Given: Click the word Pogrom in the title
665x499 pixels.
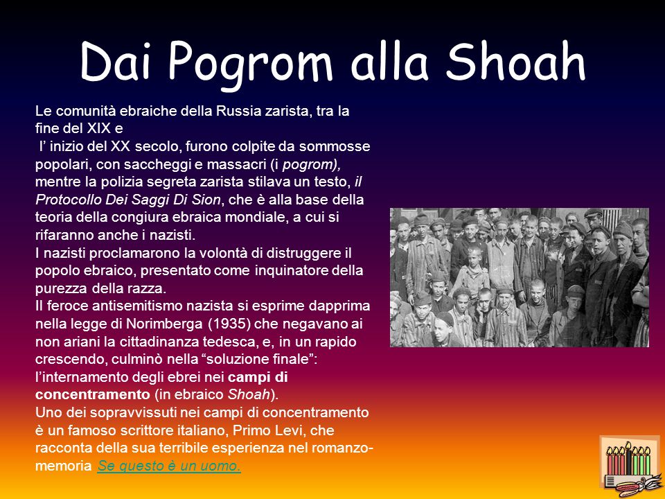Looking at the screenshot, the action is coord(250,64).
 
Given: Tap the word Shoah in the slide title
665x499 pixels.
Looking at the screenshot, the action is coord(515,61).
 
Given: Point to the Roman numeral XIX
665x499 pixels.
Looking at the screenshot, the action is coord(100,128).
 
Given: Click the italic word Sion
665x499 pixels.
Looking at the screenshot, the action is coord(208,200).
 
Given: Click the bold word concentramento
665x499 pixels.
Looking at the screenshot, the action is coord(92,394).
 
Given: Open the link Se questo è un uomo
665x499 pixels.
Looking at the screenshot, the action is coord(169,466).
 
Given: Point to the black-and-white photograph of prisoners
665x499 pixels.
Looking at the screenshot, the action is coord(519,277).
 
